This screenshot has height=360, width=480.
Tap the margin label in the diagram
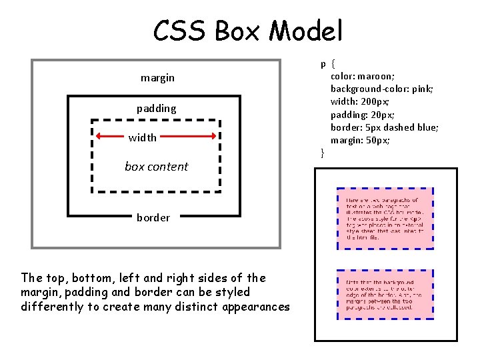157,78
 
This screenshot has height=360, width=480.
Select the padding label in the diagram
157,108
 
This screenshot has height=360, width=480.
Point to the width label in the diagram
143,137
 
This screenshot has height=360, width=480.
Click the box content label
157,167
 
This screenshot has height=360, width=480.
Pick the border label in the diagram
153,217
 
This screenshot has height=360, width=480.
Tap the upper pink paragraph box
385,218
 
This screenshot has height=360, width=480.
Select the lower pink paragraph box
385,293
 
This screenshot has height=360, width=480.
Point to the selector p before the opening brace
323,65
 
